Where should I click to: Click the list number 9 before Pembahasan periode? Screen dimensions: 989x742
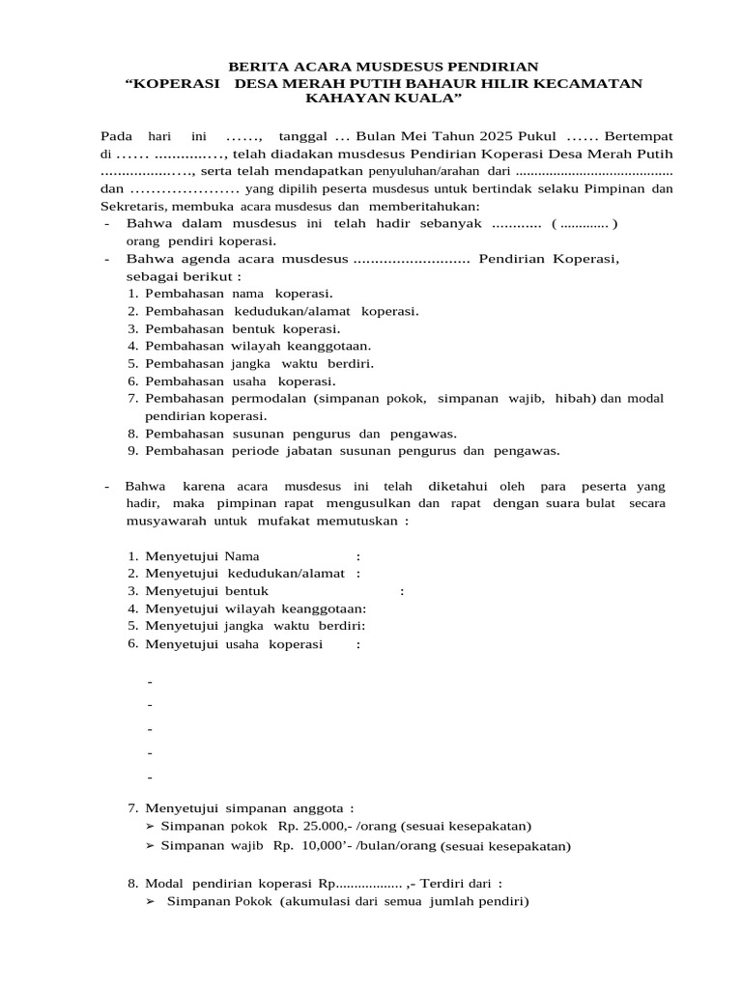coord(131,450)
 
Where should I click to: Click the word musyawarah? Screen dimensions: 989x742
coord(161,521)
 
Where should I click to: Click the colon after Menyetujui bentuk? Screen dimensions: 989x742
coord(401,591)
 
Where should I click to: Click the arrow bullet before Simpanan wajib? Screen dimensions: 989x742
coord(150,846)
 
